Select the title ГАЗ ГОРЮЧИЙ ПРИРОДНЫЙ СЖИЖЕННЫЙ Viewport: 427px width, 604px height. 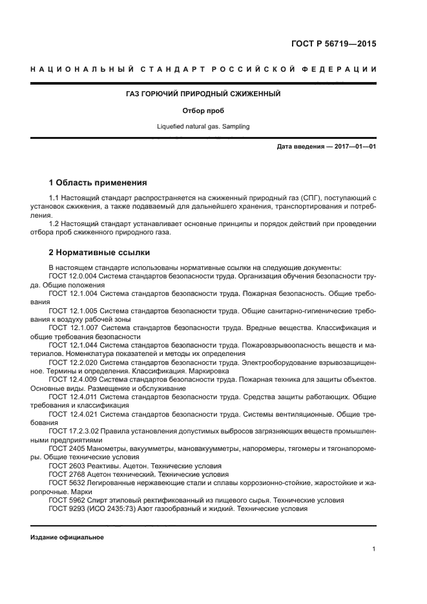tap(203, 94)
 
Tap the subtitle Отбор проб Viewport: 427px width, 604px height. tap(203, 110)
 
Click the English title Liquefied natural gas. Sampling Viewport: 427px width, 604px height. tap(203, 127)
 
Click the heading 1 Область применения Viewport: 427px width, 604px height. tap(98, 182)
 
